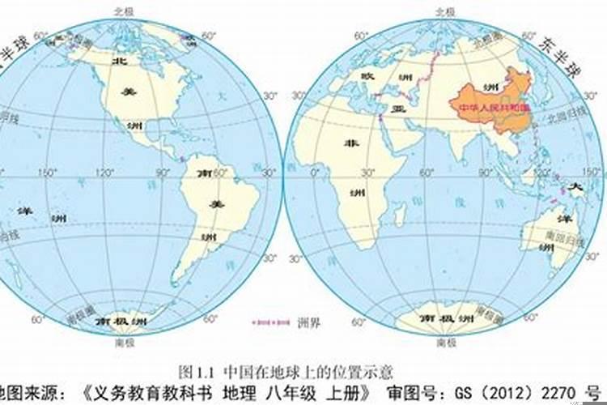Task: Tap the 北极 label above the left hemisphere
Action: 123,11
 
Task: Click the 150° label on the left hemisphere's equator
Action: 47,173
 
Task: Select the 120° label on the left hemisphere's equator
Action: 104,173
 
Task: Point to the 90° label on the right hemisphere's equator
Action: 487,173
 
